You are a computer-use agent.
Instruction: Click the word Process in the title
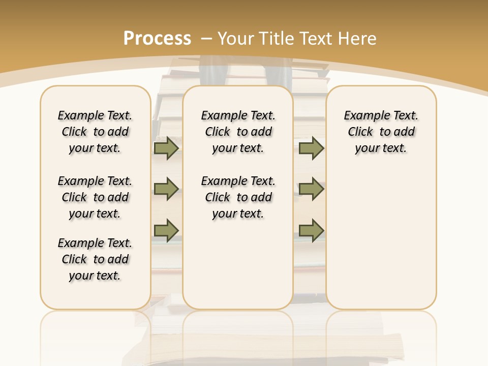pos(157,38)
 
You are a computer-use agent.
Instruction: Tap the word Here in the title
pos(358,38)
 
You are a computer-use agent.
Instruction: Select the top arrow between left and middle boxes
pos(166,148)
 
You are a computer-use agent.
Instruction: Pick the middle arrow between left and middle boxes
pos(166,189)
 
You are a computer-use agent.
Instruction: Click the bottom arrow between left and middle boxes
pos(166,230)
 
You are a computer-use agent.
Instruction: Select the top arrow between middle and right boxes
pos(311,148)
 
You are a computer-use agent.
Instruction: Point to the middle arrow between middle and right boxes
pos(311,189)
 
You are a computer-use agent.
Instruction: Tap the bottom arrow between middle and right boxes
pos(311,230)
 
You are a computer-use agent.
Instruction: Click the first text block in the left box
pos(95,132)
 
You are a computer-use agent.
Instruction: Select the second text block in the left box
pos(95,197)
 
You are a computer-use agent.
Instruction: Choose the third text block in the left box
pos(95,259)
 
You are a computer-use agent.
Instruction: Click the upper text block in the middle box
pos(238,132)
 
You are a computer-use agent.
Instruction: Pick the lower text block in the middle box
pos(238,197)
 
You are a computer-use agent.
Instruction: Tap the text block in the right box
pos(381,132)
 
